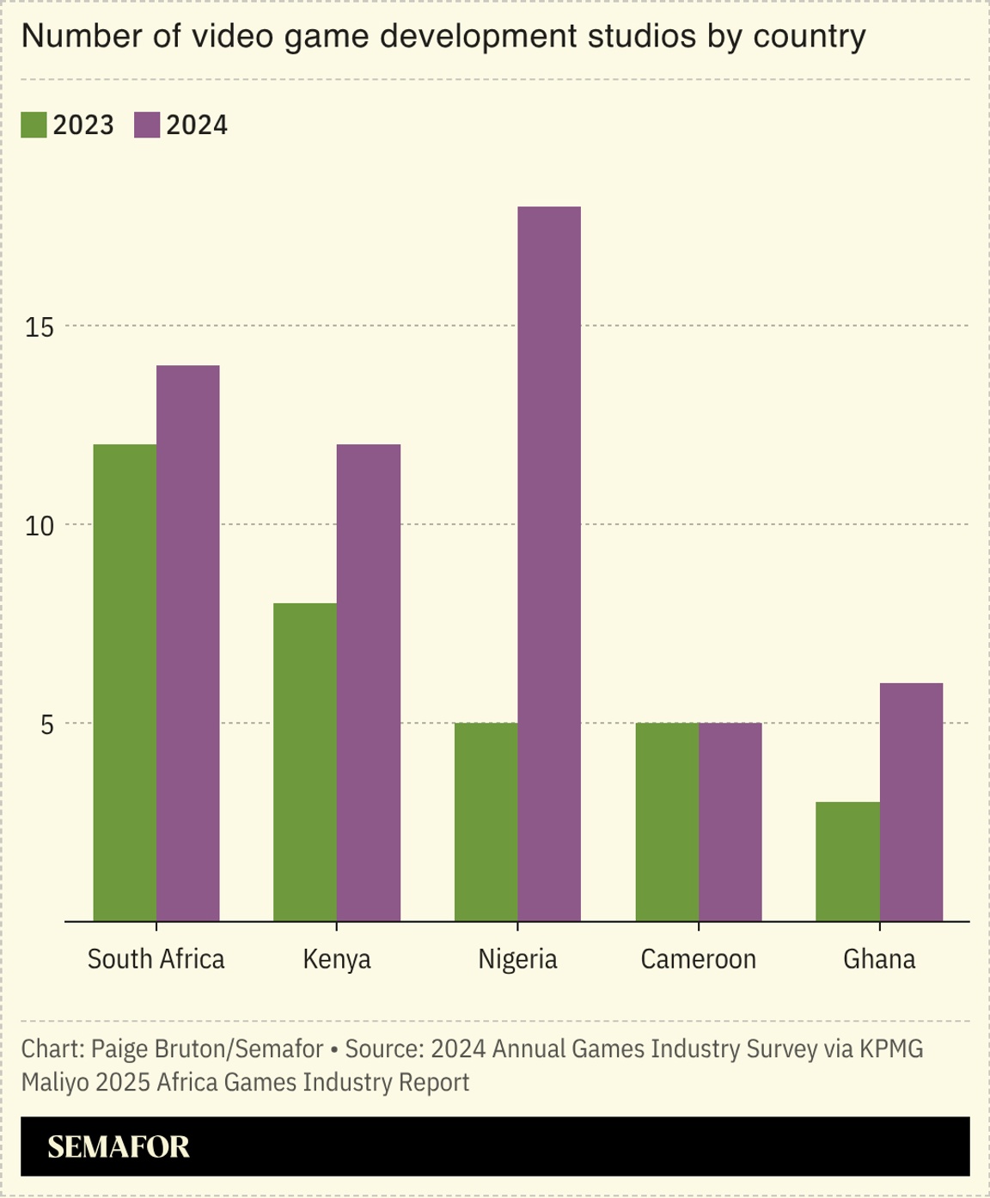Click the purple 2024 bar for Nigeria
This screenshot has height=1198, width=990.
tap(549, 564)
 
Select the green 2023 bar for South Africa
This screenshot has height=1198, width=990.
tap(125, 682)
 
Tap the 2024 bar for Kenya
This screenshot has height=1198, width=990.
tap(369, 682)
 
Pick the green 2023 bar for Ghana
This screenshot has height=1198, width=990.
tap(847, 861)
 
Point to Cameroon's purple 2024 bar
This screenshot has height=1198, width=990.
tap(730, 822)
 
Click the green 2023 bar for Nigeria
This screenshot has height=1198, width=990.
tap(486, 822)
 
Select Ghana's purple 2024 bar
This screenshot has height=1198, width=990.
tap(911, 802)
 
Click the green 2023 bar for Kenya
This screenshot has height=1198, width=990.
tap(305, 762)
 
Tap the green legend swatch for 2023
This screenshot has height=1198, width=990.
tap(34, 125)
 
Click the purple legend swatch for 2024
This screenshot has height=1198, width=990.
tap(147, 125)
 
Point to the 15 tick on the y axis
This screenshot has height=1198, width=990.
tap(40, 327)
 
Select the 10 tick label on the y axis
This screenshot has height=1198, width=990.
tap(40, 526)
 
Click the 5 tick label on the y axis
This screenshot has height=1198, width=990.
tap(47, 724)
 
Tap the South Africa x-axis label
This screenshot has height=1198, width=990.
tap(156, 959)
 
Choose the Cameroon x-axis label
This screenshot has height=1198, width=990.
tap(698, 959)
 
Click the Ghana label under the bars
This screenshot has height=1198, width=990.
tap(879, 959)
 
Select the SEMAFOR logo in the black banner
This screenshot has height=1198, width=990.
tap(118, 1146)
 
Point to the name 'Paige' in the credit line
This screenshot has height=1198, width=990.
tap(117, 1049)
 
